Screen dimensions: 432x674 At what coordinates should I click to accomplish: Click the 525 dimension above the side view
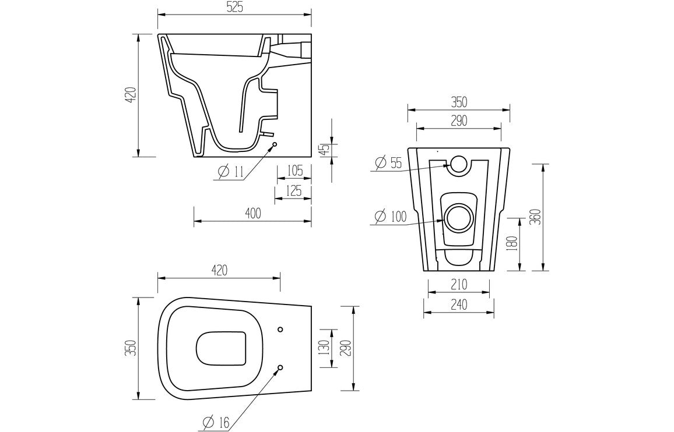tap(234, 7)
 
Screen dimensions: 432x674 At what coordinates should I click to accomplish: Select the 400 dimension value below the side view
tap(252, 214)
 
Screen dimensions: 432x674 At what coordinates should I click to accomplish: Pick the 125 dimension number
tap(294, 190)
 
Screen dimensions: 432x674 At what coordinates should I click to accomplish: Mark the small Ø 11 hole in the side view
tap(274, 144)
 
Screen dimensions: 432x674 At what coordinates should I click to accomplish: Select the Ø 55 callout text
tap(388, 163)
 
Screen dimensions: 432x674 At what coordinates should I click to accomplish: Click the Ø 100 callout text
tap(391, 216)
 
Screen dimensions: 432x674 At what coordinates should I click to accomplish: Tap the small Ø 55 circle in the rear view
tap(458, 165)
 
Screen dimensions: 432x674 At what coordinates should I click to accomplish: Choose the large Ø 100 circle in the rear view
tap(458, 217)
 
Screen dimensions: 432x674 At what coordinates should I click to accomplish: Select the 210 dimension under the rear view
tap(459, 285)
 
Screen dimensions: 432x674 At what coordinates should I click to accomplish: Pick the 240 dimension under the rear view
tap(459, 305)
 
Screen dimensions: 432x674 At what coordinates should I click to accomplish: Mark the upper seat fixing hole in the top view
tap(280, 330)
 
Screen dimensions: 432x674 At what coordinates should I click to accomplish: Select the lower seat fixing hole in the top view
tap(280, 367)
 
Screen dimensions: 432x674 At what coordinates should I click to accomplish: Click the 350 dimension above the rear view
tap(458, 102)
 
